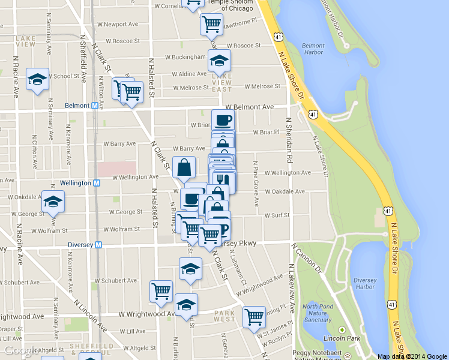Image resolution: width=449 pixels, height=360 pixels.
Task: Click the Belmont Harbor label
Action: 313,49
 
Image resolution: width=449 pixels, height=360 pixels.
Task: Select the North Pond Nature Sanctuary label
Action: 318,313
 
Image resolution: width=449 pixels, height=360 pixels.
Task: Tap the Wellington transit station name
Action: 76,182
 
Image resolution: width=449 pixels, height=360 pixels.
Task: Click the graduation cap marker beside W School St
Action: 37,78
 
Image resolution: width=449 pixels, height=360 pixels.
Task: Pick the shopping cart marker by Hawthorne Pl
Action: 211,23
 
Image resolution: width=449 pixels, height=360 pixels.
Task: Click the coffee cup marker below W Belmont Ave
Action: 223,119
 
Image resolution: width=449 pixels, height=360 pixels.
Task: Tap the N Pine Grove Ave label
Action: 255,183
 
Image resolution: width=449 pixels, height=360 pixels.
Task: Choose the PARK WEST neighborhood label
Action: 224,316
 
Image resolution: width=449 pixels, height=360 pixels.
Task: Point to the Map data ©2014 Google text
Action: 412,356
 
